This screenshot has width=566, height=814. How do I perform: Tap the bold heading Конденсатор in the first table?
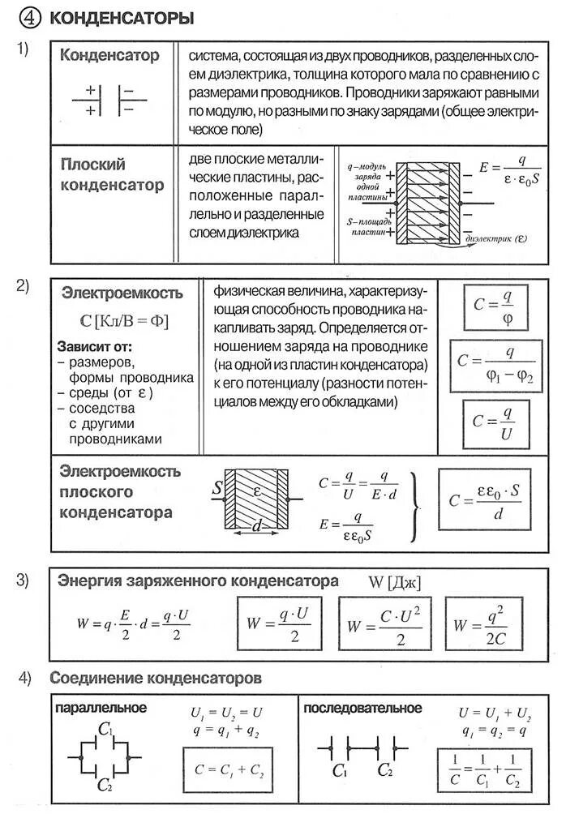pos(110,56)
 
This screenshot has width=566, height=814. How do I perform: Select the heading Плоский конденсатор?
pos(112,174)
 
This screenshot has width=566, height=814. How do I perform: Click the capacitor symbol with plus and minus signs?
pos(109,99)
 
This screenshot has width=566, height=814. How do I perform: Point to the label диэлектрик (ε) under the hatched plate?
pos(495,239)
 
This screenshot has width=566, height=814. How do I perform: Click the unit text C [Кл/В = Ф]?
pos(125,320)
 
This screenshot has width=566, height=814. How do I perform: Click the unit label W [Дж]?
pos(395,581)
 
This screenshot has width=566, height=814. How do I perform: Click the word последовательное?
pos(362,709)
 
